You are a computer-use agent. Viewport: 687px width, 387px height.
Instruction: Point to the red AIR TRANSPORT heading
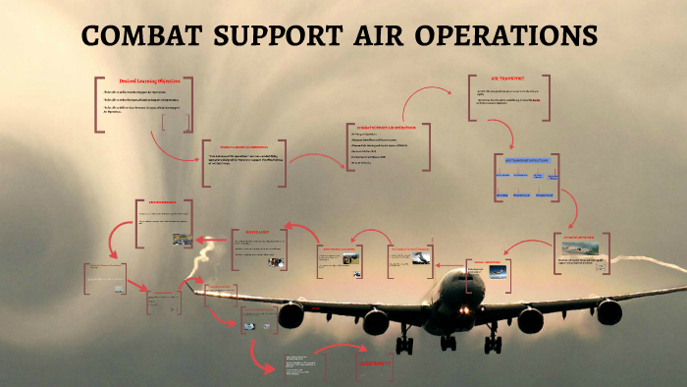tap(508, 78)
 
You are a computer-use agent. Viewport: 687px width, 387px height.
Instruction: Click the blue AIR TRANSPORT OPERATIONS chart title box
tap(525, 156)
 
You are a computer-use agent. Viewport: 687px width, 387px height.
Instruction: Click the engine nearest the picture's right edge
tap(608, 312)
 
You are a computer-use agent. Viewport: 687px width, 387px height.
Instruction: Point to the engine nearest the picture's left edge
tap(291, 315)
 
